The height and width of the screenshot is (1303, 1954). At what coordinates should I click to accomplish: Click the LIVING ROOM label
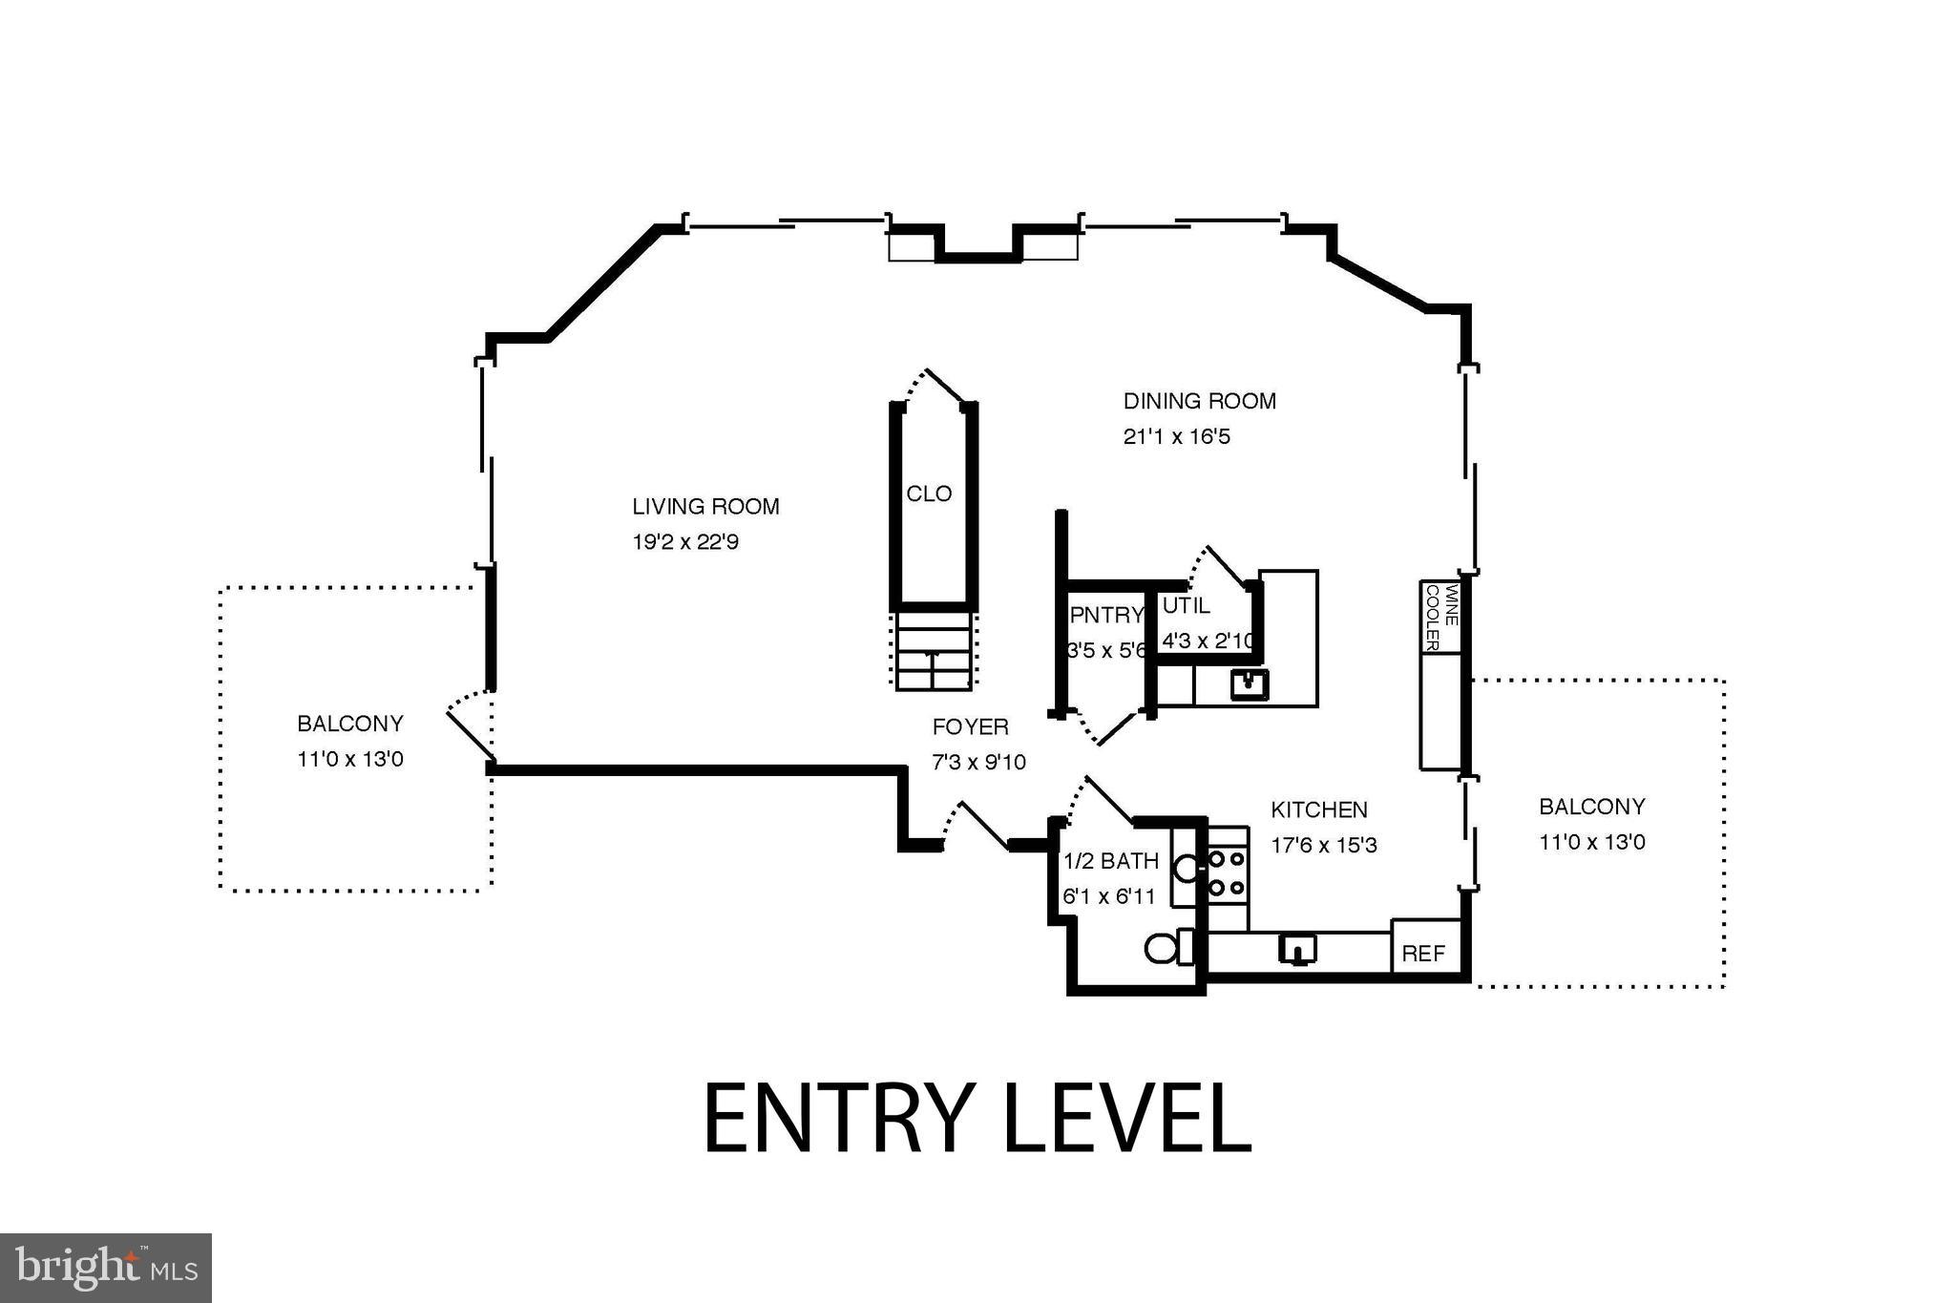tap(705, 507)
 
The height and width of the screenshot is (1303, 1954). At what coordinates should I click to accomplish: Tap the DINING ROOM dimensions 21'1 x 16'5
tap(1176, 437)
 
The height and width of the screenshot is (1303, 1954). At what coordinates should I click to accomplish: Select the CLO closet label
tap(929, 494)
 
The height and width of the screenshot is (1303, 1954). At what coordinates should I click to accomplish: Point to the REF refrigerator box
tap(1423, 953)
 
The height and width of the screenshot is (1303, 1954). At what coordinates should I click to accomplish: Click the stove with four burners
tap(1227, 873)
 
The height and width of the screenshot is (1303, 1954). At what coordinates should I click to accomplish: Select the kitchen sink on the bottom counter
tap(1297, 949)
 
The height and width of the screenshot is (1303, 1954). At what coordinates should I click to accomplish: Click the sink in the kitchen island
tap(1249, 684)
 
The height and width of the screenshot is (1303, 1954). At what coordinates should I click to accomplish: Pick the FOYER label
tap(970, 727)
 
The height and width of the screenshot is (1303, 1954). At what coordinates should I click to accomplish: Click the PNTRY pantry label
tap(1105, 615)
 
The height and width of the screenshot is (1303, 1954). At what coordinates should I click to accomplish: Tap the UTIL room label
tap(1186, 605)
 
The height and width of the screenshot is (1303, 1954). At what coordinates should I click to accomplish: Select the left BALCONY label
tap(349, 724)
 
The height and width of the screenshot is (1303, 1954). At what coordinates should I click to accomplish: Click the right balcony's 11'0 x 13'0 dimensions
tap(1591, 843)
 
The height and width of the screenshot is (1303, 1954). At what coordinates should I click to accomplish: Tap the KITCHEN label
tap(1318, 809)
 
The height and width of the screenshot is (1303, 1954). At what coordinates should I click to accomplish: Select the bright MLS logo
tap(106, 1268)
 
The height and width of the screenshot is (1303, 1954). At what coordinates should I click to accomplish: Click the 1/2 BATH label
tap(1111, 861)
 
